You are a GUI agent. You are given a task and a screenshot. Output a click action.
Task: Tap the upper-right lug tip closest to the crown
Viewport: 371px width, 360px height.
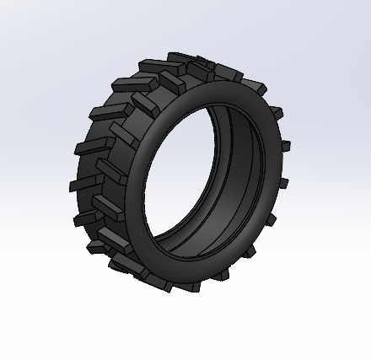[x=253, y=85]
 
